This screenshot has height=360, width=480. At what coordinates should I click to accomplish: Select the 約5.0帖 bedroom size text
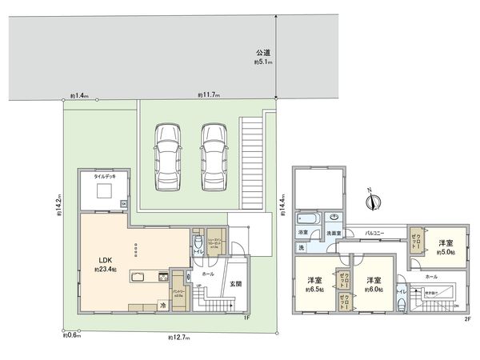[x=446, y=252]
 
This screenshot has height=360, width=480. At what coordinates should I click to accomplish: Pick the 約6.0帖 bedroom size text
[x=375, y=290]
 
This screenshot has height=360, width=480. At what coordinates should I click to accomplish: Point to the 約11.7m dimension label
[x=209, y=95]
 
